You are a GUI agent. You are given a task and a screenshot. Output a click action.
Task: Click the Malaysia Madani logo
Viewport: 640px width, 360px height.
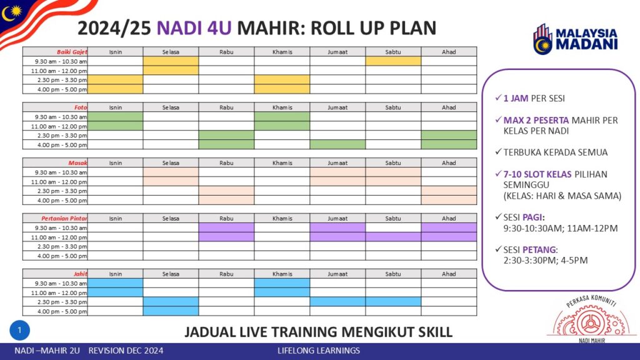pos(575,39)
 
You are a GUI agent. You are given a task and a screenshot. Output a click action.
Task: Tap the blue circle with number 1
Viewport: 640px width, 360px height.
pos(19,330)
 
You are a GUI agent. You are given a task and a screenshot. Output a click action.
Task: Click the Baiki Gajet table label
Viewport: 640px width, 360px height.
pos(72,52)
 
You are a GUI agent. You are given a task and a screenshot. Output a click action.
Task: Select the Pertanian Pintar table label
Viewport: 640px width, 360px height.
pos(64,218)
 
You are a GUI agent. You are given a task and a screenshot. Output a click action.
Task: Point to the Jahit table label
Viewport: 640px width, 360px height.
pos(80,274)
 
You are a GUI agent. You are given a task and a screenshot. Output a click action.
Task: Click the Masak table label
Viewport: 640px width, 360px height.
pos(77,163)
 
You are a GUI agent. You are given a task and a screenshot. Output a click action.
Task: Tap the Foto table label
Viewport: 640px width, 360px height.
pos(81,107)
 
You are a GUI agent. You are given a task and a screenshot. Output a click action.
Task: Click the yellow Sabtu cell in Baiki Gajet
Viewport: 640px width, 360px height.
pos(393,61)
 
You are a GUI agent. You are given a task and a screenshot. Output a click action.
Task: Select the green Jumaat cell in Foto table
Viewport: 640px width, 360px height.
pos(337,144)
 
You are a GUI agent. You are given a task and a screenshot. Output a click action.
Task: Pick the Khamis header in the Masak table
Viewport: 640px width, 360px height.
pos(282,163)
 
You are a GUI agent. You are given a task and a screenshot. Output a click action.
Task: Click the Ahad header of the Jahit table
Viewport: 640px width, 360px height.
pos(449,274)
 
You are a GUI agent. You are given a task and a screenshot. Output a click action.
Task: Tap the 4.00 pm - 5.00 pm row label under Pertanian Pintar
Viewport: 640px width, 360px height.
pos(62,256)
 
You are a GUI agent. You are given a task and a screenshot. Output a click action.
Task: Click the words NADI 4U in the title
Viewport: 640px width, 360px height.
pos(194,28)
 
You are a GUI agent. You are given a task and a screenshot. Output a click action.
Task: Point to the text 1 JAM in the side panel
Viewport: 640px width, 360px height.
pos(516,98)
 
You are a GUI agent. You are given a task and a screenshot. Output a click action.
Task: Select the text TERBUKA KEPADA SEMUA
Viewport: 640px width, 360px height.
pos(555,152)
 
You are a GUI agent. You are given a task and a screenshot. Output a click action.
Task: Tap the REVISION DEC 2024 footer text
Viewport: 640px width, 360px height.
pos(126,351)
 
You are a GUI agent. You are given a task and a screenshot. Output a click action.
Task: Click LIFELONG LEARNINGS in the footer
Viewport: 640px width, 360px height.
pos(319,351)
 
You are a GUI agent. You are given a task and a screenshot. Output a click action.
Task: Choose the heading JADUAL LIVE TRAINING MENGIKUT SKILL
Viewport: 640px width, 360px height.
pos(318,332)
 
